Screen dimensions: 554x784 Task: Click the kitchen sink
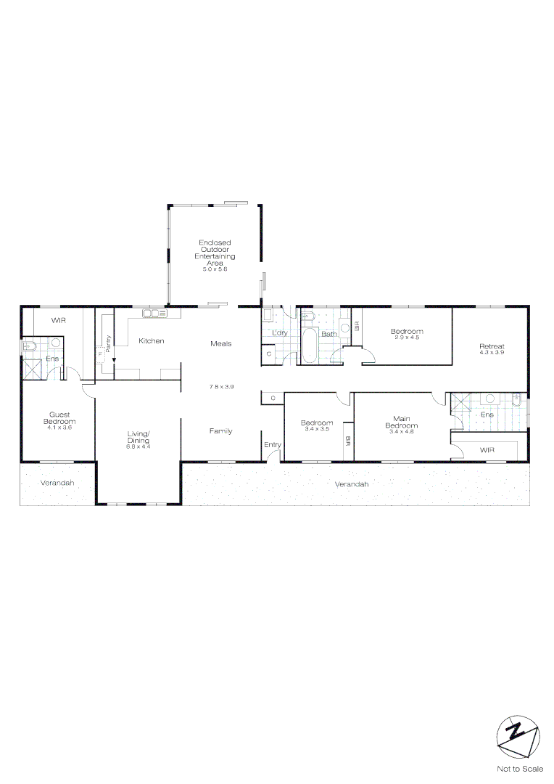(155, 314)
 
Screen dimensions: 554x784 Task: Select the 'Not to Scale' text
(520, 769)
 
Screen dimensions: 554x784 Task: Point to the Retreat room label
(492, 346)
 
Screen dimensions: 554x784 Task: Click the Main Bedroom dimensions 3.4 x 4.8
(402, 431)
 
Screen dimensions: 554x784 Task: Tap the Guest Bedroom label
(59, 417)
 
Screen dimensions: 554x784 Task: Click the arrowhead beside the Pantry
(114, 359)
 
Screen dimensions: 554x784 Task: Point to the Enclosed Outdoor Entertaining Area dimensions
(215, 269)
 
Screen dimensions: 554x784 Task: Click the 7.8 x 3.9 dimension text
(221, 386)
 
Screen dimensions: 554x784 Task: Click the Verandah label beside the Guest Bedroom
(57, 483)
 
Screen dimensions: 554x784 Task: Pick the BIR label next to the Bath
(357, 326)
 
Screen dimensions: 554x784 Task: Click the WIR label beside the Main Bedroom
(487, 450)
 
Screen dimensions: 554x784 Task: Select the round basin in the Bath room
(345, 328)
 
